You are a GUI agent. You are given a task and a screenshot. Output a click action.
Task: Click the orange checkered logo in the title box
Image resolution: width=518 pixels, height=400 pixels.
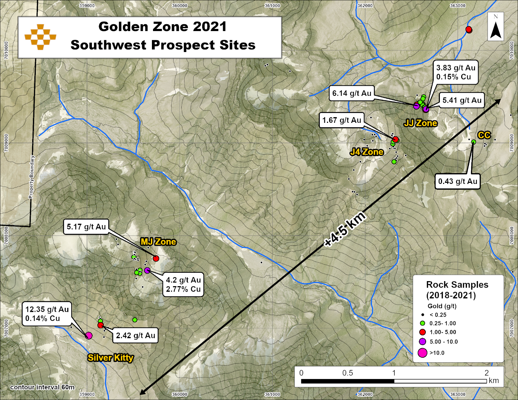pos(41,37)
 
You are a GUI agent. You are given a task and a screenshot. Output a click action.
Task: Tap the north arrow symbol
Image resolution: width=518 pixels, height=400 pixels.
pos(496,27)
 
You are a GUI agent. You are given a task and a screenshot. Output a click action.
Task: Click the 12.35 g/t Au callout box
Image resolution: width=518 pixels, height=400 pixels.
pos(47,314)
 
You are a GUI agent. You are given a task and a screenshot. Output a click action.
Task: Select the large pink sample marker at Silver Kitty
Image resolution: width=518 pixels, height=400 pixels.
pos(89,336)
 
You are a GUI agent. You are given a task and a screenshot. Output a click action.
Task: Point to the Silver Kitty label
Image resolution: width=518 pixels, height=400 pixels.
pos(110,358)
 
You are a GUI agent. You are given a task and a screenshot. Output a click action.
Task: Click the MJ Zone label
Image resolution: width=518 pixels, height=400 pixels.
pos(158,242)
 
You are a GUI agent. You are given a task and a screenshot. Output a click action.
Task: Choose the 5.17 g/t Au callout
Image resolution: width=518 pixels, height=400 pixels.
pos(86,227)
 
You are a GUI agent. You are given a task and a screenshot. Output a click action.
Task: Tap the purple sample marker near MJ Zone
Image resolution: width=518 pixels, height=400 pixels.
pos(147,270)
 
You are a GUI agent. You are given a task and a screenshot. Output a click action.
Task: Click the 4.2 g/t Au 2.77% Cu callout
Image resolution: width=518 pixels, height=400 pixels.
pos(183,285)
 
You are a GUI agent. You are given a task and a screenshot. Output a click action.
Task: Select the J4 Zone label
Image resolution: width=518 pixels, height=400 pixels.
pos(367,152)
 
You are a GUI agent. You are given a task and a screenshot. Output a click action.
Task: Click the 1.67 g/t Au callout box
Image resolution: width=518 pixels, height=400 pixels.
pos(341,120)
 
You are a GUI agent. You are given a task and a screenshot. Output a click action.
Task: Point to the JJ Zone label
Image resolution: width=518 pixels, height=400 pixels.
pos(420,123)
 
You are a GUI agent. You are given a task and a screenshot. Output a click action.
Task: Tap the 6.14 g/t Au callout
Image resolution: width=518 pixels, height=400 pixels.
pos(352,93)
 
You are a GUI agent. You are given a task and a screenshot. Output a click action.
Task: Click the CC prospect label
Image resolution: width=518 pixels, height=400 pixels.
pos(484,135)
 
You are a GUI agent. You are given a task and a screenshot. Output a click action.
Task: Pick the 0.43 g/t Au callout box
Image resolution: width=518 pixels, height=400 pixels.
pos(458,181)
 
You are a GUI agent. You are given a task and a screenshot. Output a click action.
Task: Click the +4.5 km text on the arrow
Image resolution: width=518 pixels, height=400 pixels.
pos(345,230)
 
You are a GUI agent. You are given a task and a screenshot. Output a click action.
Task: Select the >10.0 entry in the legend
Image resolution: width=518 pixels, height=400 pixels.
pos(437,353)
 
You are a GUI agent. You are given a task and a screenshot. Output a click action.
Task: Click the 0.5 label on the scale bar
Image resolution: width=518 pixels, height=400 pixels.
pos(348,373)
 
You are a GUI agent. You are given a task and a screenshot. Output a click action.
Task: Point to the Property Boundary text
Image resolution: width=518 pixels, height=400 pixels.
pos(32,177)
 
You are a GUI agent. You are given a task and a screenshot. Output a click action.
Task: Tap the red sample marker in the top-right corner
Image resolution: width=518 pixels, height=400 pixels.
pos(469,29)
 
